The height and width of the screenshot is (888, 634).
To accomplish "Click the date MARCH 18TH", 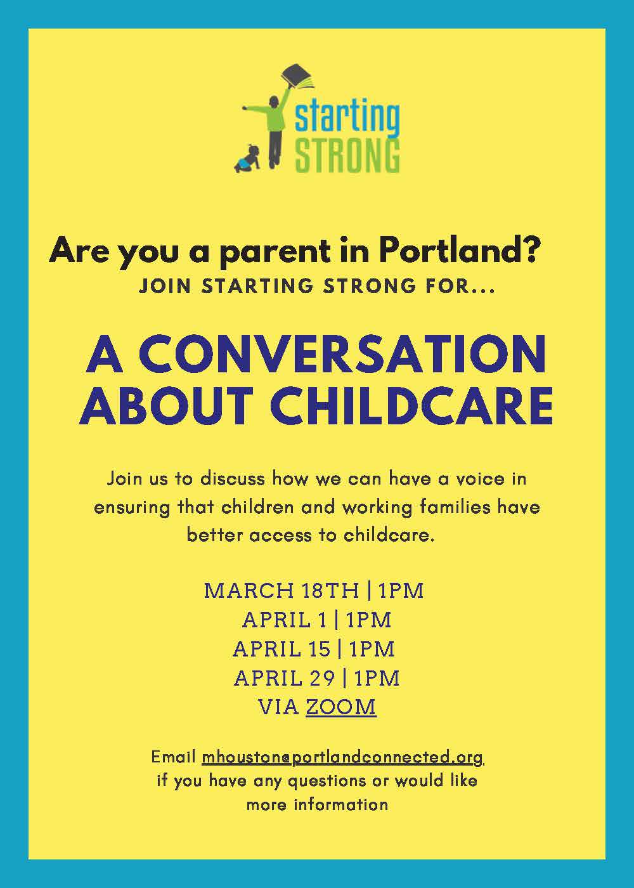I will [281, 591].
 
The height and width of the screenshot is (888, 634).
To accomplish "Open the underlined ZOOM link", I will [341, 707].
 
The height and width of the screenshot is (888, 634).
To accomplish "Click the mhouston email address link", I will [342, 757].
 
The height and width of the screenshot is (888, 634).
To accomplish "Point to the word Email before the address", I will [173, 757].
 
